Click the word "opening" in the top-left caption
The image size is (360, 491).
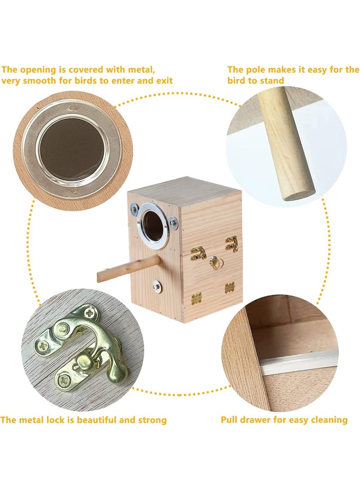[x=38, y=70]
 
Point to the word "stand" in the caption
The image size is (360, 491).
[x=272, y=81]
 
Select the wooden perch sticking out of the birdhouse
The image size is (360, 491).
[x=128, y=269]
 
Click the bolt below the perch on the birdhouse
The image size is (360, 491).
[x=157, y=287]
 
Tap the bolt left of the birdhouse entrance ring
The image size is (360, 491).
[x=134, y=208]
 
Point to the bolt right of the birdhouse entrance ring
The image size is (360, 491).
[x=173, y=223]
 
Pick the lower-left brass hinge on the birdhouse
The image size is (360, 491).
[x=196, y=298]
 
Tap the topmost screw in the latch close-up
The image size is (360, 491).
[x=90, y=312]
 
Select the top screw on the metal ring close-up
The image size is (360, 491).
[x=72, y=108]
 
